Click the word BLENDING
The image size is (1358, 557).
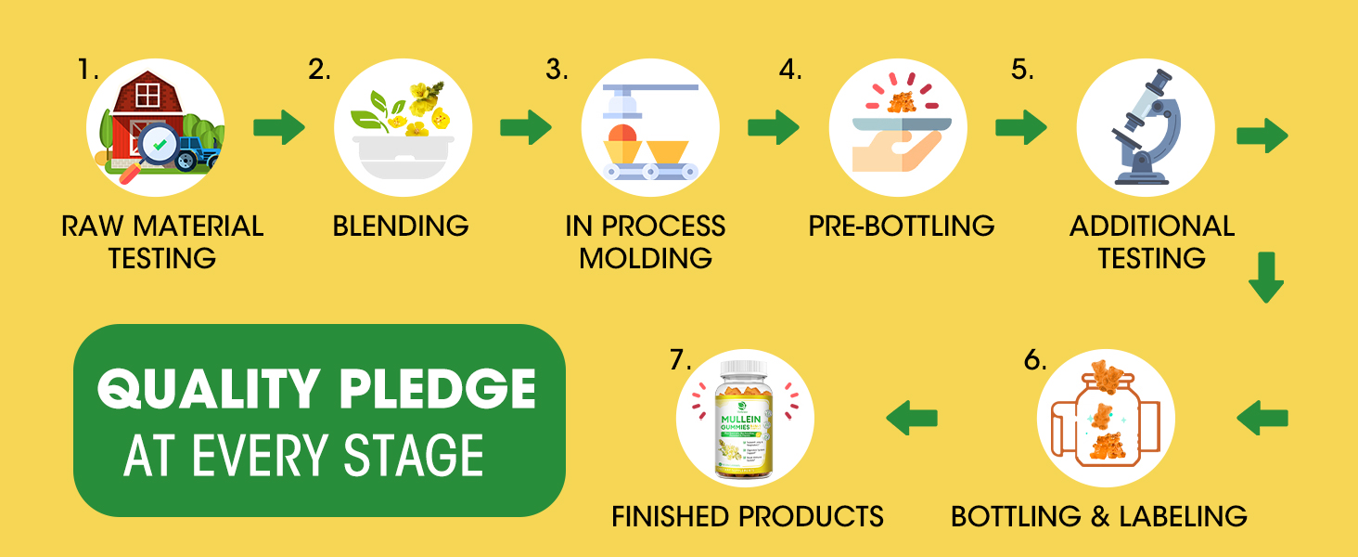pos(401,226)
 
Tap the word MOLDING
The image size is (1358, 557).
pos(646,257)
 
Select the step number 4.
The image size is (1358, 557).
pos(791,71)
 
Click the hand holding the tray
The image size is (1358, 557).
pos(884,149)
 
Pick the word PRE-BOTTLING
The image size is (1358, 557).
pos(901,226)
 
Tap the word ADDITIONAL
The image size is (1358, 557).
pos(1151,227)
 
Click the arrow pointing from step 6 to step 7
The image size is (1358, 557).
pos(912,417)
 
